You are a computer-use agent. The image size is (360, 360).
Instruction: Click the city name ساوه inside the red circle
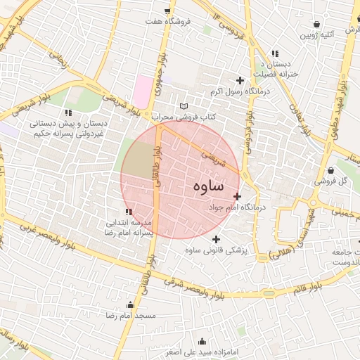207,186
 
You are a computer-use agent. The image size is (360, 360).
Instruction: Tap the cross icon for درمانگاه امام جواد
237,196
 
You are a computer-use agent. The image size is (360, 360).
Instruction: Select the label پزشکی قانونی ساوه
218,250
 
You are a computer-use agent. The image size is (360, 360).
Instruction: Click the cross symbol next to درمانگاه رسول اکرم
240,80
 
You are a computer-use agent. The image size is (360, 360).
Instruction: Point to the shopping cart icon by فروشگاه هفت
167,11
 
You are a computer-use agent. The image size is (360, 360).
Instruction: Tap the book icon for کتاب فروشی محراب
184,105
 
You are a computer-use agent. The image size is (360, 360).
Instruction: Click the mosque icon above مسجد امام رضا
129,304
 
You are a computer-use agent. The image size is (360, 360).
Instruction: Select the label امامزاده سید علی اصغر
205,351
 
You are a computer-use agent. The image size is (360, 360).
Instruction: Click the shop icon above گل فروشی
330,169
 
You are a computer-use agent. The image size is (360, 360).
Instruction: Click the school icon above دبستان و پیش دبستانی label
67,112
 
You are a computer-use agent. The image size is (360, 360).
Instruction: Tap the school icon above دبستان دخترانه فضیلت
275,53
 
